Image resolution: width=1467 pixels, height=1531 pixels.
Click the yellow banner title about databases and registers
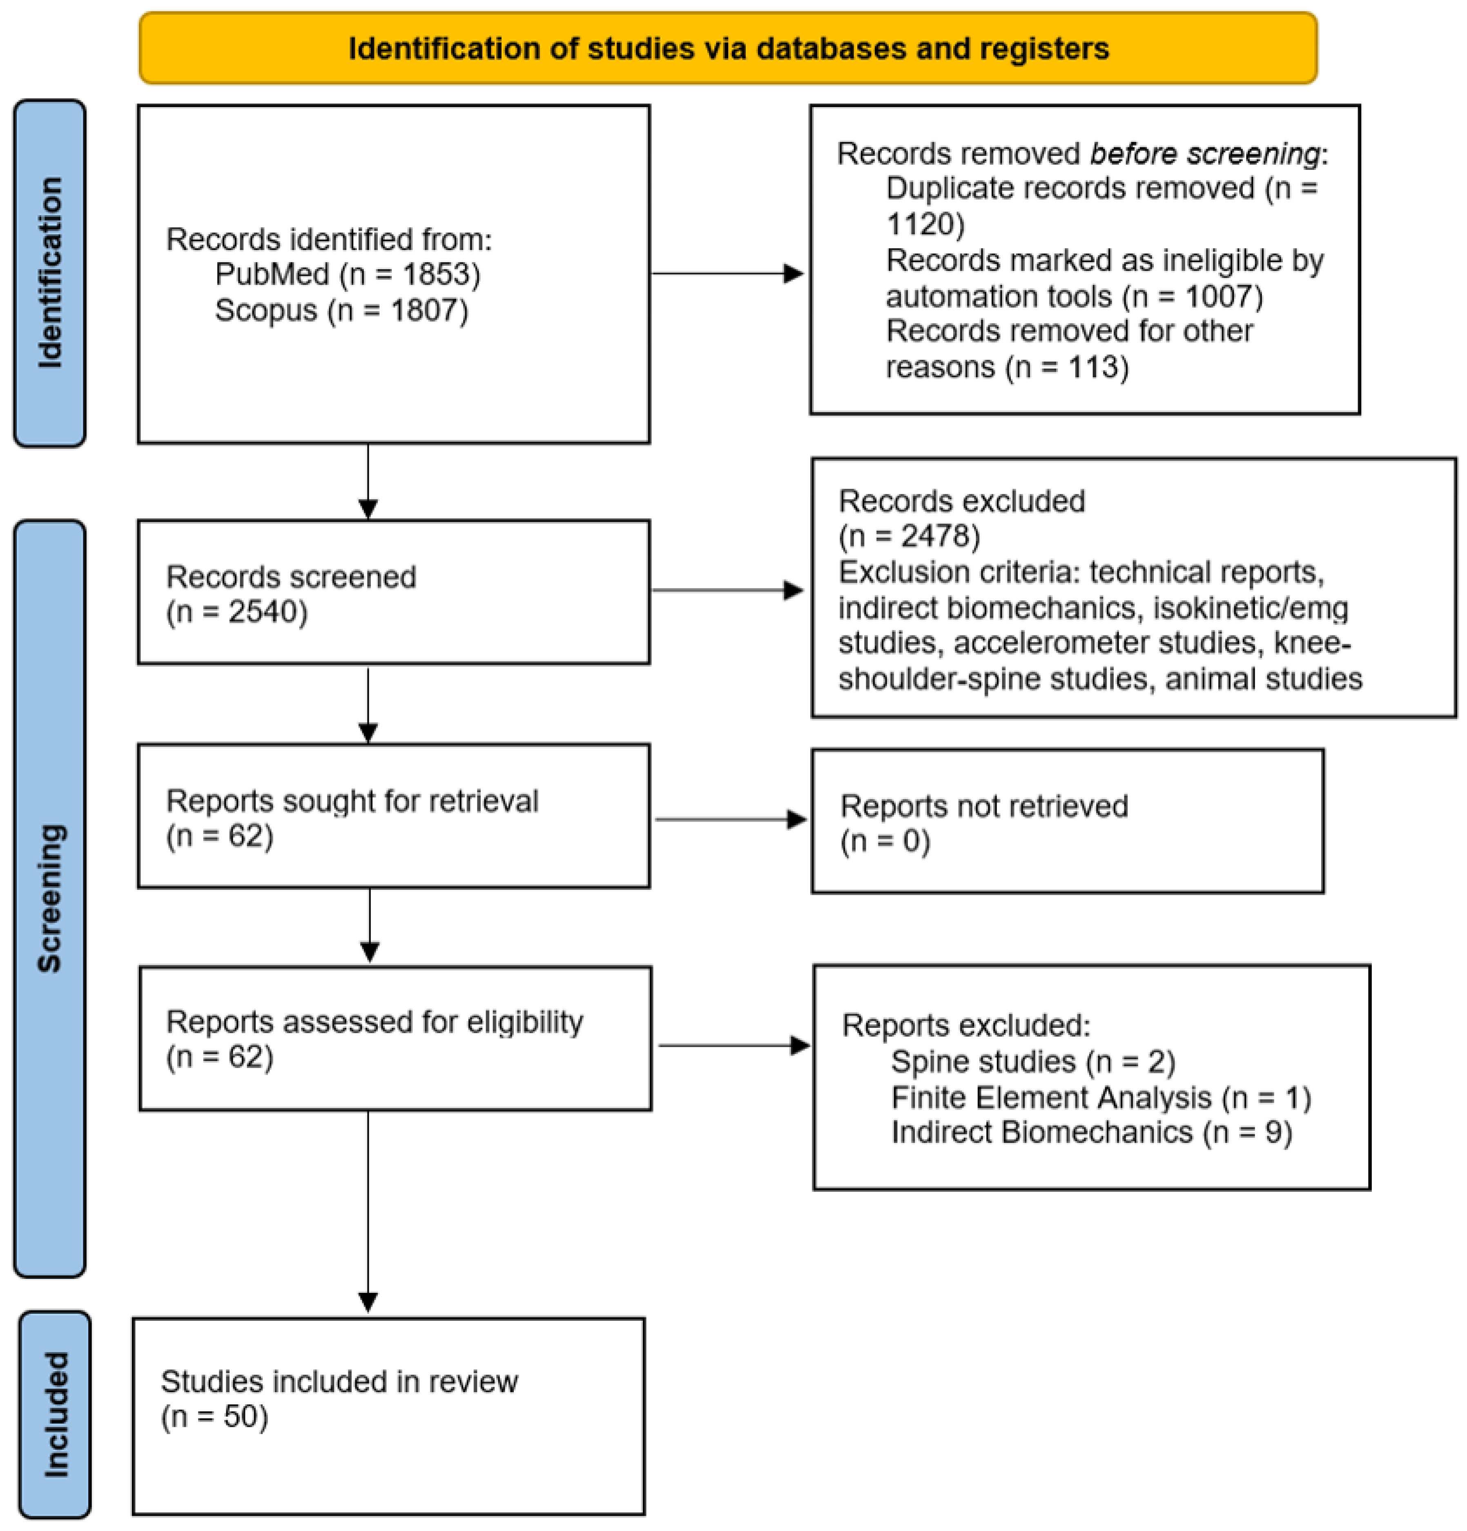[728, 49]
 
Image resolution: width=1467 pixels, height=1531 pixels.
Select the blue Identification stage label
[50, 273]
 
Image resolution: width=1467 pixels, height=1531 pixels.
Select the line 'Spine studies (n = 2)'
[1033, 1061]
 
